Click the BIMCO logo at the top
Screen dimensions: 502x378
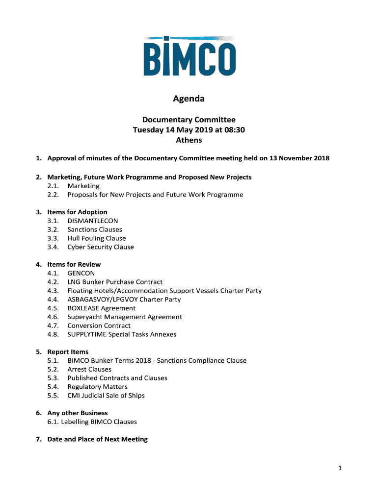(189, 56)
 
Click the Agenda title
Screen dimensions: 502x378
(189, 99)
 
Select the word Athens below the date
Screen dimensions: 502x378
(189, 140)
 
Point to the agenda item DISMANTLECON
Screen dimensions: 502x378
(93, 221)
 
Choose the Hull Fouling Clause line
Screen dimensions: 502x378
(97, 239)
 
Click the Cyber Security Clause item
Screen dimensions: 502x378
(101, 248)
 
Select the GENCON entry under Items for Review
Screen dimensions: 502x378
(81, 274)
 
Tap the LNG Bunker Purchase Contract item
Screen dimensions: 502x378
(115, 282)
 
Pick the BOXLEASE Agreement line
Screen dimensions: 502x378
(102, 308)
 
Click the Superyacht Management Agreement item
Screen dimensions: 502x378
(125, 317)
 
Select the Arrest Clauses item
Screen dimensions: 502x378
(89, 370)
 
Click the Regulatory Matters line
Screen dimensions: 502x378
(97, 387)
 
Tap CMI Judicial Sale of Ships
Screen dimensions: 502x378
(106, 396)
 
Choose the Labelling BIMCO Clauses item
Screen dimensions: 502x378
(99, 422)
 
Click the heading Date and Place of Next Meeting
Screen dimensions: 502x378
(97, 439)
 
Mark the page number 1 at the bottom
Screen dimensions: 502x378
(339, 469)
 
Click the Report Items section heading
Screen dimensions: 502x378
(68, 352)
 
